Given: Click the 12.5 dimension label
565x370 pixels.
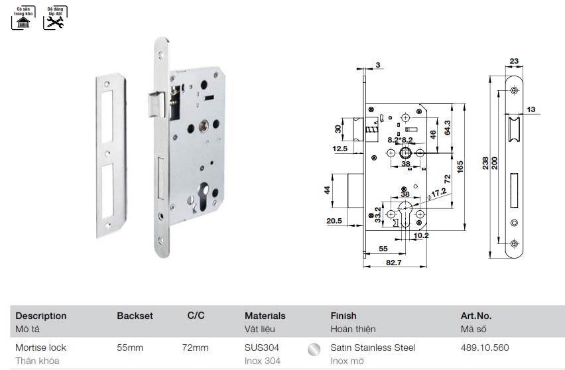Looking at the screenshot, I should pyautogui.click(x=340, y=149).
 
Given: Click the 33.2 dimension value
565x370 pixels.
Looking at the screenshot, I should pyautogui.click(x=378, y=216).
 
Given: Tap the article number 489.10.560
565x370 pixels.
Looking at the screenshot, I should pyautogui.click(x=485, y=347).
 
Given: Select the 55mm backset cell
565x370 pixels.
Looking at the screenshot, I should pyautogui.click(x=130, y=347).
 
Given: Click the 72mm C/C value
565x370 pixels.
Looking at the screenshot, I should pyautogui.click(x=195, y=347).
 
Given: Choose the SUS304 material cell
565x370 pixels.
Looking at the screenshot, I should pyautogui.click(x=261, y=347).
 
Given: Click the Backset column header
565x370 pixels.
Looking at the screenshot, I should pyautogui.click(x=135, y=316).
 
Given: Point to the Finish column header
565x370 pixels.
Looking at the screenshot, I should pyautogui.click(x=343, y=316).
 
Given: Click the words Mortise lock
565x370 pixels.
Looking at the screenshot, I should pyautogui.click(x=40, y=347).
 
